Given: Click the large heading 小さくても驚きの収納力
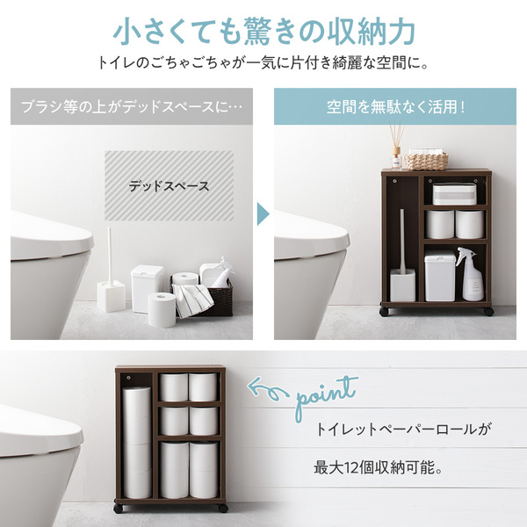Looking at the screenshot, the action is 264,32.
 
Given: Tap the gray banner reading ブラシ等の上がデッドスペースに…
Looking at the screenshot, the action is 132,106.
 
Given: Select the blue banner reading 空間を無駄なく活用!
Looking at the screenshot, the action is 395,106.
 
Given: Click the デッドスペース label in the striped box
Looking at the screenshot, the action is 169,186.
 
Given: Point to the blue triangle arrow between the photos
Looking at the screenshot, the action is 263,213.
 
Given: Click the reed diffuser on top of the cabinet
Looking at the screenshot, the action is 397,148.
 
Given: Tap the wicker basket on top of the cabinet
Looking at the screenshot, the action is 426,161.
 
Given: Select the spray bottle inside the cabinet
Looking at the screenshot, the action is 471,274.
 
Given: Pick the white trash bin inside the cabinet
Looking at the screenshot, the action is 440,277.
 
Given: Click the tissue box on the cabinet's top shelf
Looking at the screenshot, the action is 454,194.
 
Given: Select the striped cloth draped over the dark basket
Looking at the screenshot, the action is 193,300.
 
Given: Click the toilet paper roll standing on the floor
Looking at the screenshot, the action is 162,310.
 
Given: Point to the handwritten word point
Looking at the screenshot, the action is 325,399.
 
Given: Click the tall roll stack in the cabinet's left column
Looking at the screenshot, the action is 136,443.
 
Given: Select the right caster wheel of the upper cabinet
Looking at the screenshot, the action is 488,311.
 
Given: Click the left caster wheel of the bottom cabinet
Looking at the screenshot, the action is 118,509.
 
